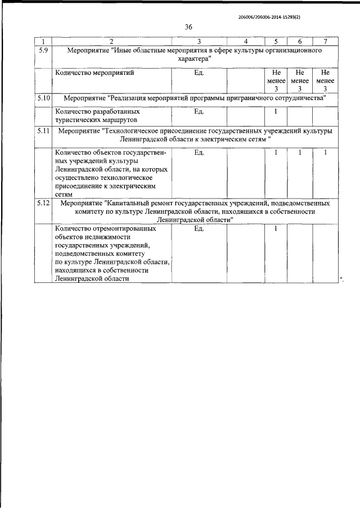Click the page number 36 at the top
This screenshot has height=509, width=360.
click(188, 27)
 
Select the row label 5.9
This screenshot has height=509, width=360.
click(43, 51)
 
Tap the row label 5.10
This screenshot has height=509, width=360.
click(44, 98)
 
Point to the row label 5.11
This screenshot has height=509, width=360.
click(44, 131)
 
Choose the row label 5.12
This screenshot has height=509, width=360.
click(44, 202)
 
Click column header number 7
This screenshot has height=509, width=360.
click(325, 42)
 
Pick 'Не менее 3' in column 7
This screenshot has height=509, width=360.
click(325, 81)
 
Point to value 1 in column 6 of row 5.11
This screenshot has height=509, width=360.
click(300, 152)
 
